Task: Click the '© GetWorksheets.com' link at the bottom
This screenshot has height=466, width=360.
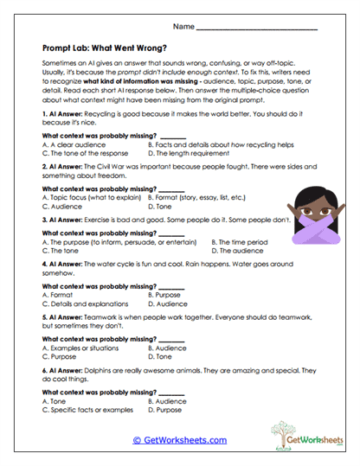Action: [179, 440]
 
